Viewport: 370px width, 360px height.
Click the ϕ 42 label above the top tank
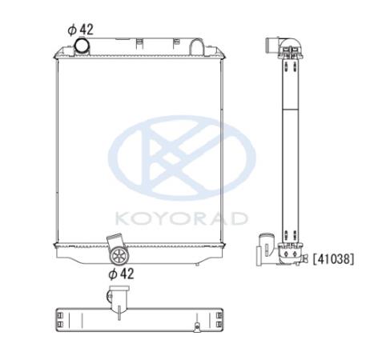click(x=81, y=30)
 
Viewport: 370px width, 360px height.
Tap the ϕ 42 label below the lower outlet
click(x=121, y=274)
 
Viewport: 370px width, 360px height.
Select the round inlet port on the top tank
click(x=82, y=46)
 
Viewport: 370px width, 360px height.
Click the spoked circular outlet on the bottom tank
click(x=120, y=256)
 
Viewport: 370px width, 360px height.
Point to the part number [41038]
click(x=334, y=259)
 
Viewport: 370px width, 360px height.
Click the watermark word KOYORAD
click(x=182, y=218)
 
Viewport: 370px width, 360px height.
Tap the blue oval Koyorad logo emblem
click(x=182, y=158)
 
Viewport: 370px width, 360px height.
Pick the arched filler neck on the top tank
click(x=197, y=46)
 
